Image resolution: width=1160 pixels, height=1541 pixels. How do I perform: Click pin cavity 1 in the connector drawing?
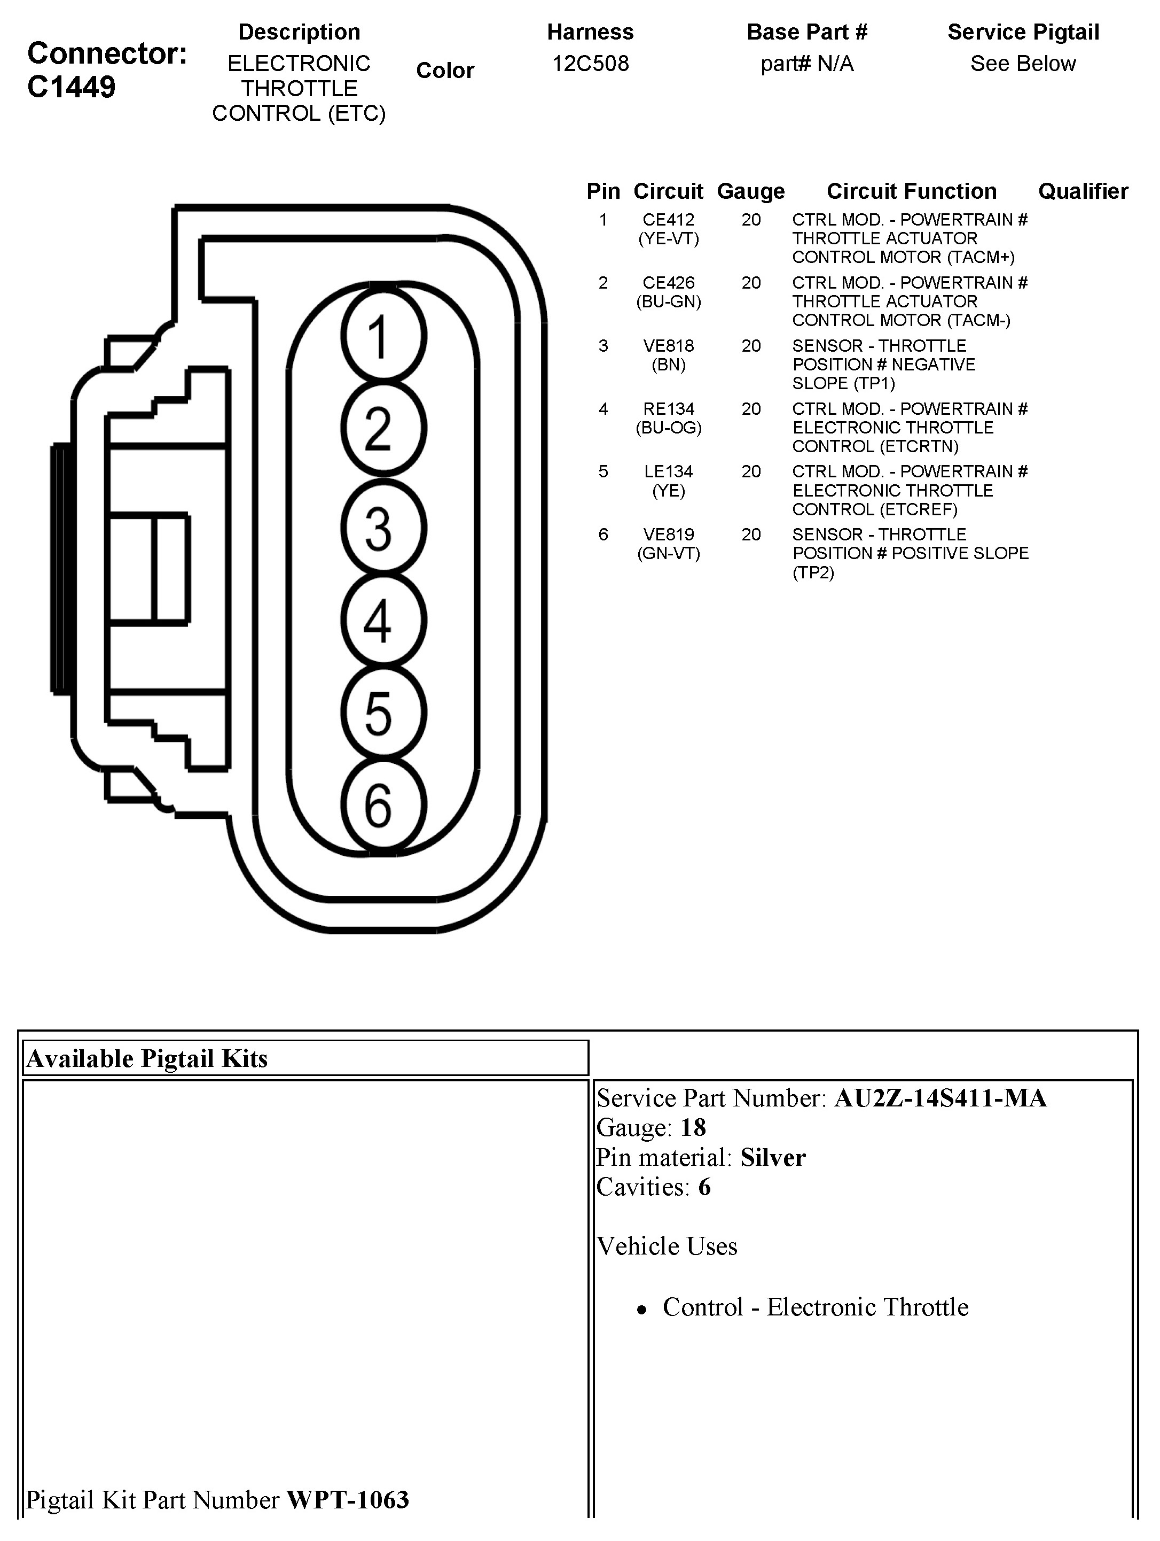click(383, 336)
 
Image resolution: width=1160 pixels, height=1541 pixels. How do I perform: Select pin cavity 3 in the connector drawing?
click(383, 528)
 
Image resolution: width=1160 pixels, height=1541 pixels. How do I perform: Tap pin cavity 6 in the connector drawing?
click(383, 806)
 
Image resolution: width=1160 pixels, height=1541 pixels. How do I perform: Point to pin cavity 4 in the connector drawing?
click(383, 620)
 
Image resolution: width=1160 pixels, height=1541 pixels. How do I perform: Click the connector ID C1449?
click(71, 88)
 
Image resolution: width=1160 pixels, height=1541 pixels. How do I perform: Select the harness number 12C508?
click(591, 64)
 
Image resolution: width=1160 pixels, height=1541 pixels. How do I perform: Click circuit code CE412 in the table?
click(669, 220)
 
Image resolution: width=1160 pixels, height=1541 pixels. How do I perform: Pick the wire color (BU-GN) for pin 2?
click(669, 301)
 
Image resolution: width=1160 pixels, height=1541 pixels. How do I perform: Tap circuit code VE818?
click(669, 345)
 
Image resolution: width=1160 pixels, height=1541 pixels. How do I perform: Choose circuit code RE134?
click(669, 409)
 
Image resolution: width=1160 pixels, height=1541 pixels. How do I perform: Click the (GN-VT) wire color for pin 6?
click(669, 554)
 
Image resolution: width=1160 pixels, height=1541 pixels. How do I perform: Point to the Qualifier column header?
click(1083, 191)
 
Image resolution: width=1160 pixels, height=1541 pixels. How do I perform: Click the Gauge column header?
click(750, 191)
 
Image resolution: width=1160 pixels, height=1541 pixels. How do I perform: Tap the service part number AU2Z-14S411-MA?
click(940, 1098)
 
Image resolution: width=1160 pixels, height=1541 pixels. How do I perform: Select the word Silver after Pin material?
click(773, 1158)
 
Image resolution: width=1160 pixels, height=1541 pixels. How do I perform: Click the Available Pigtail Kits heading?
click(147, 1059)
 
